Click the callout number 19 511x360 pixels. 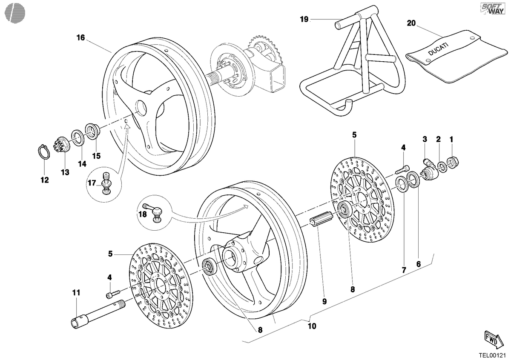click(x=304, y=20)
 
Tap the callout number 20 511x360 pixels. click(x=411, y=23)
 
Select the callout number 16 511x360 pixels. click(x=80, y=37)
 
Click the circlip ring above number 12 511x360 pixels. click(x=43, y=152)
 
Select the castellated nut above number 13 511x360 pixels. click(x=62, y=144)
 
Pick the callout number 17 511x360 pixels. click(x=92, y=183)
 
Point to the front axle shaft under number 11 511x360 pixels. click(x=98, y=314)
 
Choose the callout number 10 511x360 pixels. click(x=312, y=326)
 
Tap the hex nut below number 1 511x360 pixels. click(x=452, y=163)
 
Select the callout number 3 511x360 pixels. click(x=425, y=139)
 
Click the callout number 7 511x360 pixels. click(x=404, y=270)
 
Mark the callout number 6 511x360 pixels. click(x=418, y=264)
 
